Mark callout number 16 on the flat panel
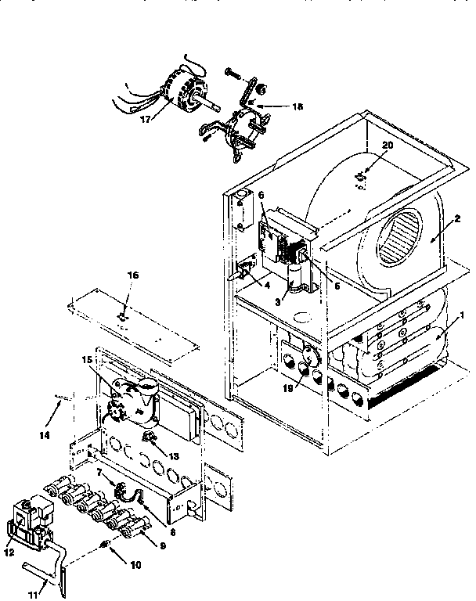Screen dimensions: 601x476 coord(132,276)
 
